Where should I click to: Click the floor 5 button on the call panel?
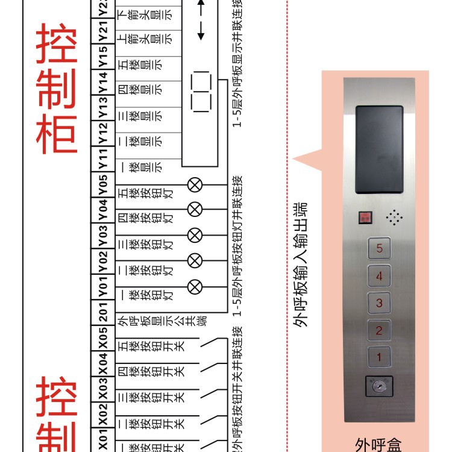coord(379,248)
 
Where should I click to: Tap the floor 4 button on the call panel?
coord(379,276)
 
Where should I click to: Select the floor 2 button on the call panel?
coord(379,330)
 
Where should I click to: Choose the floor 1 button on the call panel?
coord(379,357)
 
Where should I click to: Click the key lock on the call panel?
coord(379,386)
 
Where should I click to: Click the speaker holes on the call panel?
coord(394,218)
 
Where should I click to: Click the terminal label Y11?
coord(103,159)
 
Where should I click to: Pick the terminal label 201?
coord(103,313)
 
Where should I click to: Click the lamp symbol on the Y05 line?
coord(195,184)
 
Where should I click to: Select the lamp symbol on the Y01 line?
coord(195,287)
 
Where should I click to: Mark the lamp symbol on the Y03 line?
coord(195,235)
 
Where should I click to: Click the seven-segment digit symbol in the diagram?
coord(201,93)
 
